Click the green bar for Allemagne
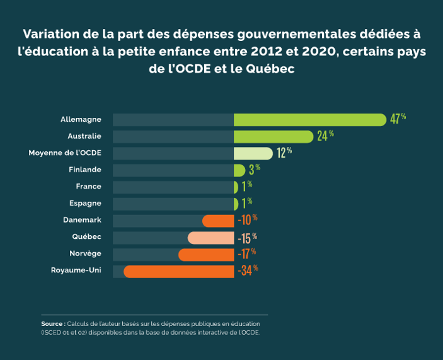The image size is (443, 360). tap(309, 120)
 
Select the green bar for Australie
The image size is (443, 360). tap(273, 136)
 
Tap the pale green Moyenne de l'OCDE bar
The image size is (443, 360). tap(253, 153)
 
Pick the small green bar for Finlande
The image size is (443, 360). tap(239, 170)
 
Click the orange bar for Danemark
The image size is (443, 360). tap(218, 221)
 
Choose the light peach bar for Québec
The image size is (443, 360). tap(210, 238)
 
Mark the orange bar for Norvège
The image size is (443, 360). tap(206, 255)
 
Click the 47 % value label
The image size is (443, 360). tap(398, 119)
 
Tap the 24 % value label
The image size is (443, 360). tap(325, 136)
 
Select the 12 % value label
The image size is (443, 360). tap(284, 153)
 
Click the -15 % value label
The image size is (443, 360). tap(247, 238)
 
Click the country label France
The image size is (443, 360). tap(88, 187)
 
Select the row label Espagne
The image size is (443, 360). tap(85, 204)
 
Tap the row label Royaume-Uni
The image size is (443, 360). tap(76, 270)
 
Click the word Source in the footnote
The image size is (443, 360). tap(52, 323)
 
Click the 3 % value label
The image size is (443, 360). tap(254, 169)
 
